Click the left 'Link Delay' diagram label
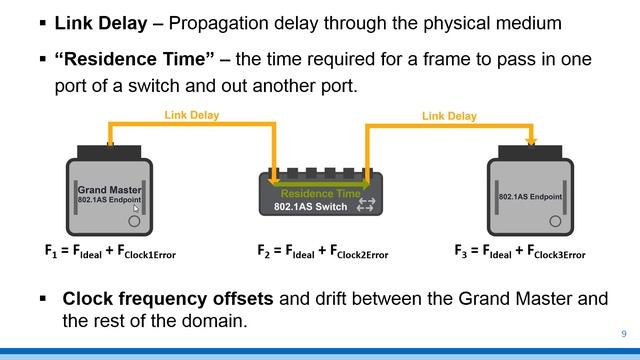[x=193, y=116]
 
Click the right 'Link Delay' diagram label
[x=449, y=116]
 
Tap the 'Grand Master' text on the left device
[x=110, y=187]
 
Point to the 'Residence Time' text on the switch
[x=320, y=193]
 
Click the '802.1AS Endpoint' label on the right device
[x=530, y=197]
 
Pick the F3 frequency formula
[x=520, y=252]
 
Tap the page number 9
[x=624, y=333]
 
